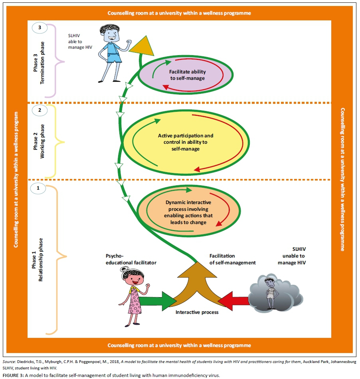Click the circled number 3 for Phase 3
click(38, 28)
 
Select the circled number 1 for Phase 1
click(38, 187)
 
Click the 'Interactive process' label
click(197, 312)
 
